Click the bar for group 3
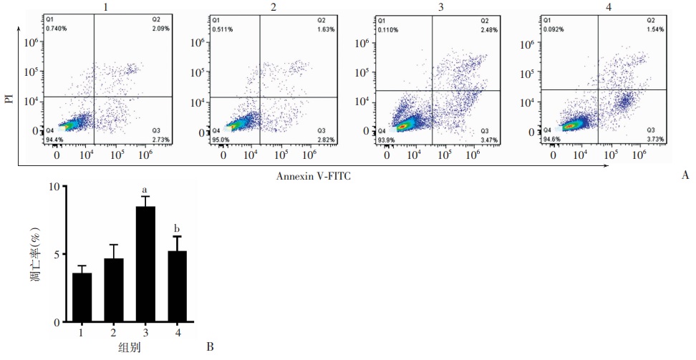[x=146, y=264]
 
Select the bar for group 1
[x=82, y=298]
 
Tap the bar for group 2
[x=114, y=290]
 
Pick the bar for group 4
[x=178, y=286]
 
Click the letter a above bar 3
[x=146, y=189]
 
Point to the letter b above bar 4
[x=178, y=229]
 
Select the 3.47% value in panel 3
[x=489, y=140]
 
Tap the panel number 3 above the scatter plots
[x=438, y=6]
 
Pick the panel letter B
[x=210, y=347]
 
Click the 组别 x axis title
[x=130, y=348]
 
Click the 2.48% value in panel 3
[x=489, y=29]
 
